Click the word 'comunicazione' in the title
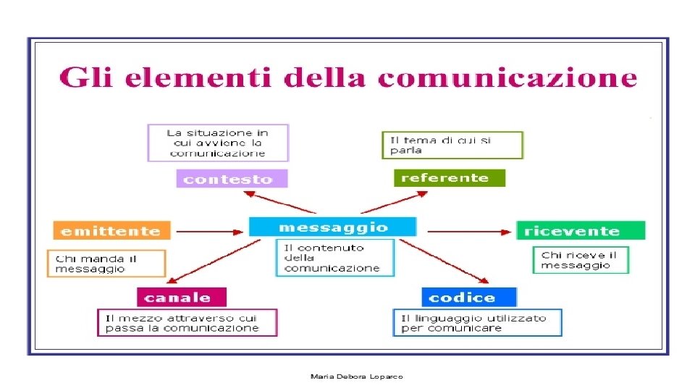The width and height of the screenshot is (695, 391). [x=508, y=77]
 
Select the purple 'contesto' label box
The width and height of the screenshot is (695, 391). [x=232, y=179]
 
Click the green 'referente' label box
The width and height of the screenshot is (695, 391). [x=449, y=177]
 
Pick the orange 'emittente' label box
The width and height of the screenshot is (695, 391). [x=111, y=231]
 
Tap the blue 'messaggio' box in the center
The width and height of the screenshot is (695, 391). [x=333, y=227]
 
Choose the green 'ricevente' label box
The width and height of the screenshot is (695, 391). [x=580, y=231]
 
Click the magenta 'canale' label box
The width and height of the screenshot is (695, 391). [x=182, y=297]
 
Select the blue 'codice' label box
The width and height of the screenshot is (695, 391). [x=469, y=297]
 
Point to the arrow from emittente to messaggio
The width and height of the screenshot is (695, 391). [x=210, y=232]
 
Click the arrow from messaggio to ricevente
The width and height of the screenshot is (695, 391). [x=468, y=232]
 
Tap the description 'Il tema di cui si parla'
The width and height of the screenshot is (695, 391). [x=452, y=145]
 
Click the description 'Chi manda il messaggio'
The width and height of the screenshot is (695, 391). [x=106, y=264]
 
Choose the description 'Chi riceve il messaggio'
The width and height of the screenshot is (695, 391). [x=581, y=260]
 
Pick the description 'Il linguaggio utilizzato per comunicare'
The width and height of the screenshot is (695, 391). [x=477, y=323]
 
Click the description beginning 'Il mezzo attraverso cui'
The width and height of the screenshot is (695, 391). [x=188, y=323]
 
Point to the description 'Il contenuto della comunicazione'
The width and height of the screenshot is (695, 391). [x=334, y=258]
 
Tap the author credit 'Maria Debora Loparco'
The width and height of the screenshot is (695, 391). [x=356, y=377]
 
